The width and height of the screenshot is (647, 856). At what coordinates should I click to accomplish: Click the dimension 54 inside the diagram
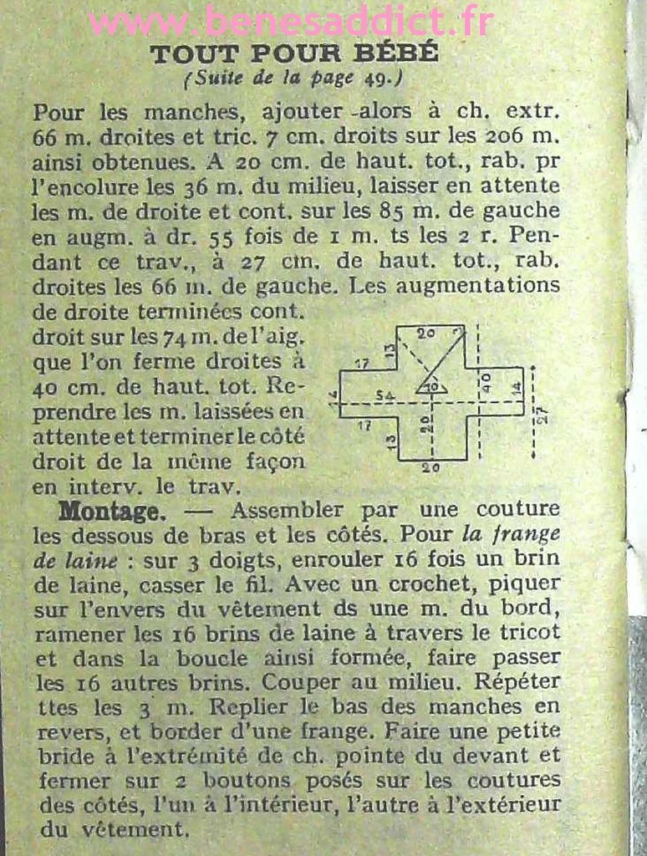click(x=385, y=395)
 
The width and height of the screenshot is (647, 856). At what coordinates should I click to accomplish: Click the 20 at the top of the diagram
click(x=425, y=333)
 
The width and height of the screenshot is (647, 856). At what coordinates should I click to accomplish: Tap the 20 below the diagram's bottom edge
click(x=430, y=468)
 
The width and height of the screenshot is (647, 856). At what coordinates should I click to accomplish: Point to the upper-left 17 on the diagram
click(x=361, y=364)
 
